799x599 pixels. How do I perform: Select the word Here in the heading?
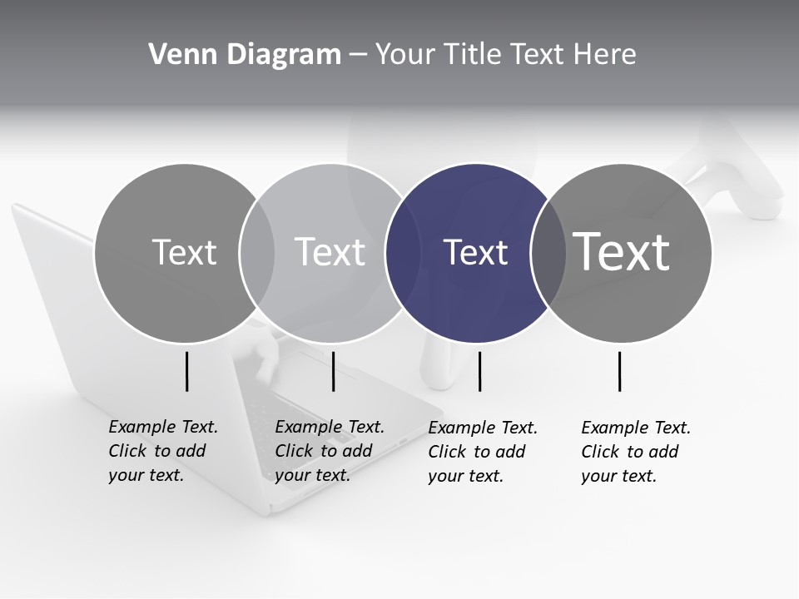point(605,54)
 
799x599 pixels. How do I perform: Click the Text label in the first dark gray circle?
point(184,252)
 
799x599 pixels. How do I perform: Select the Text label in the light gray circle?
point(330,252)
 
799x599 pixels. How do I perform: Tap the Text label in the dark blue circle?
point(475,252)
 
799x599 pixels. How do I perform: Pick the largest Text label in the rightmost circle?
point(622,251)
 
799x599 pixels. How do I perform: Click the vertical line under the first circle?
point(187,371)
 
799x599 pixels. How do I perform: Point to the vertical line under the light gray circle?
point(333,371)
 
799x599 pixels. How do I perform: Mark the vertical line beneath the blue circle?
point(479,371)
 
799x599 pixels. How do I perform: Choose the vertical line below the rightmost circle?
point(620,371)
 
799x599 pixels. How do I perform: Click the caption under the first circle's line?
point(162,451)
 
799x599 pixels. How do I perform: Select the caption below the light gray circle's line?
point(329,451)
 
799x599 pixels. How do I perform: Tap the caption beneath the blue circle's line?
point(482,452)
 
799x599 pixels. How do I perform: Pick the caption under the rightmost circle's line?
point(635,452)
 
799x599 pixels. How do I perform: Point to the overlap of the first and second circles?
point(257,253)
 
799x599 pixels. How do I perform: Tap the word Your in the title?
point(405,54)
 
